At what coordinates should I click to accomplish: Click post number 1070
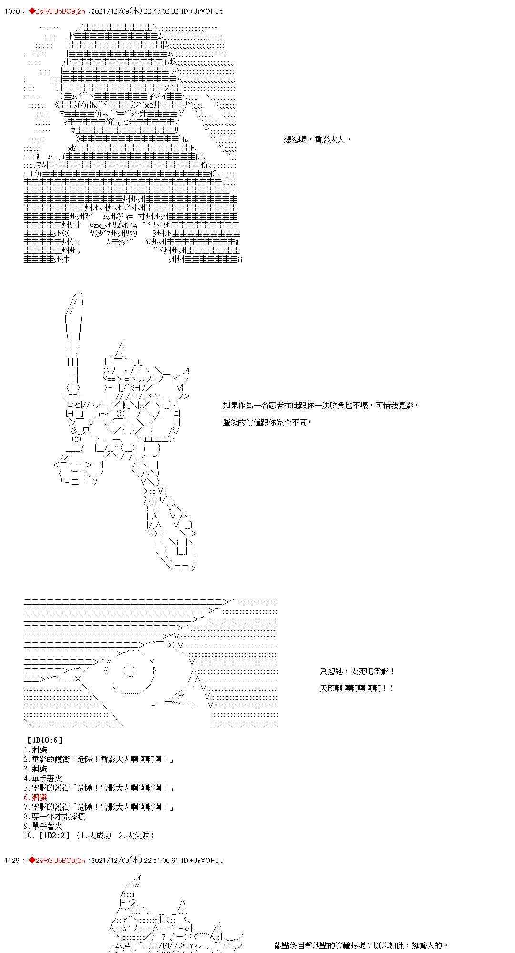point(11,11)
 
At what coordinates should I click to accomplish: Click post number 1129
point(11,860)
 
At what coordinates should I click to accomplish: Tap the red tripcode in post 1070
point(57,11)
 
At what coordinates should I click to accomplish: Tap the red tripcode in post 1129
point(57,860)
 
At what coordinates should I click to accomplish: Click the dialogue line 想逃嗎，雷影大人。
point(317,140)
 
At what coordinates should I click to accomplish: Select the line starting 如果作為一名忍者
point(321,405)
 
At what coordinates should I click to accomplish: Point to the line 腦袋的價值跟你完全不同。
point(268,422)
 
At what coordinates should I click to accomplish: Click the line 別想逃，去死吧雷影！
point(357,671)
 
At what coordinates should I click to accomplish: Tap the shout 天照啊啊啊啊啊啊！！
point(357,688)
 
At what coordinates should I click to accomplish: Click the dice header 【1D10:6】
point(45,740)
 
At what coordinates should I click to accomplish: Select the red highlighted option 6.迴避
point(35,797)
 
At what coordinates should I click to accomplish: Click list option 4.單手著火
point(43,778)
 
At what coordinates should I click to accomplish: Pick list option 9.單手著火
point(43,826)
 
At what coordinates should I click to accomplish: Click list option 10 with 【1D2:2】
point(89,835)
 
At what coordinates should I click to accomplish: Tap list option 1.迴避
point(35,750)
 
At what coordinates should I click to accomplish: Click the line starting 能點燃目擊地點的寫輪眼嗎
point(361,945)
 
